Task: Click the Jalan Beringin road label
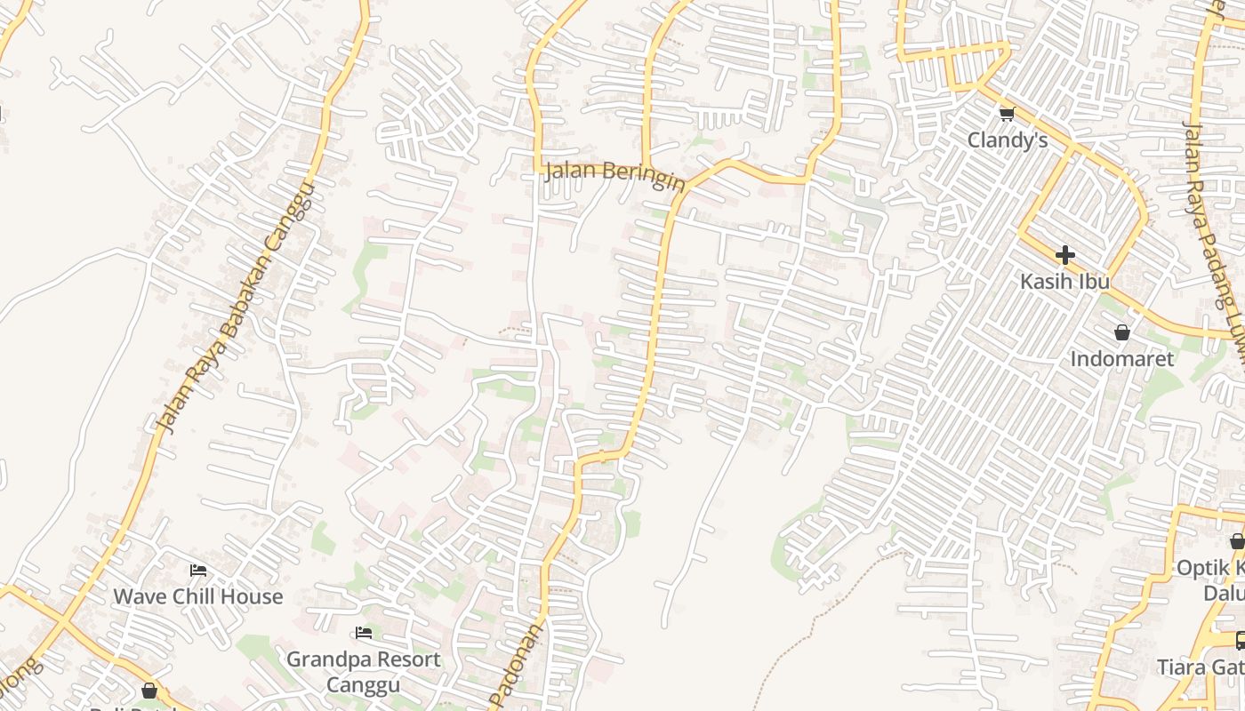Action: point(614,173)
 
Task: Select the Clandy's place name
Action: point(1007,140)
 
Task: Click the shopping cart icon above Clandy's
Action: point(1007,114)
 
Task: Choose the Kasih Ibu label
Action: point(1064,282)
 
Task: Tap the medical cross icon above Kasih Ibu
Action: point(1064,256)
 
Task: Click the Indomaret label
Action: point(1121,359)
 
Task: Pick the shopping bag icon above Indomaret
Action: point(1122,332)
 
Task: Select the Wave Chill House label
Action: point(197,596)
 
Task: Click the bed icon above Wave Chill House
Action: point(198,570)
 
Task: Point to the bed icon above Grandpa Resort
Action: point(364,633)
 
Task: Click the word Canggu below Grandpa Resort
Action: point(363,685)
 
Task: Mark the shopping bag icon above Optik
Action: point(1237,541)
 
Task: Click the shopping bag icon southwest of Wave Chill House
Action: point(149,691)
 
